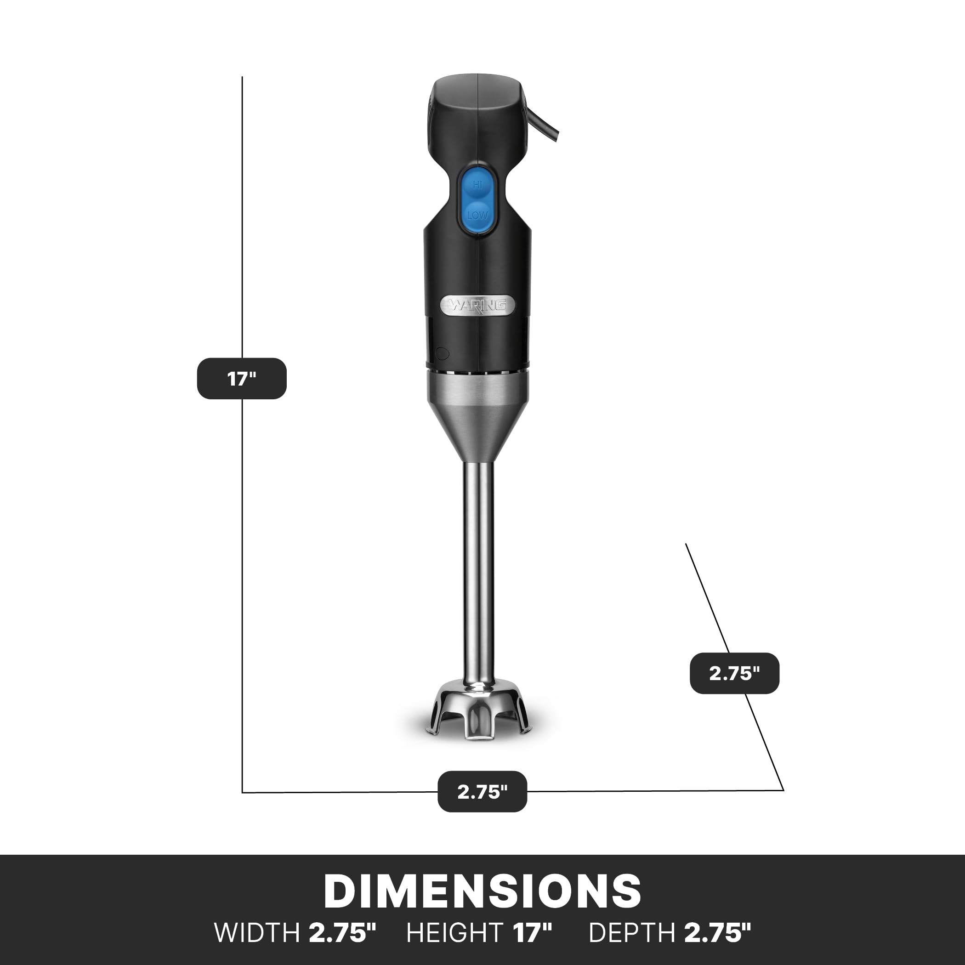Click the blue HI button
click(x=477, y=185)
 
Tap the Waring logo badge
click(x=477, y=305)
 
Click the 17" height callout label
click(x=242, y=379)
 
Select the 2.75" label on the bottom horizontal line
click(x=482, y=792)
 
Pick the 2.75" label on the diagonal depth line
click(x=734, y=673)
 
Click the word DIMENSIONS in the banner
click(x=482, y=891)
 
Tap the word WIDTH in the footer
click(x=256, y=933)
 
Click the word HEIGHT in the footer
click(x=454, y=933)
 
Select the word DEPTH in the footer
click(x=632, y=933)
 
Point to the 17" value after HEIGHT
click(x=533, y=933)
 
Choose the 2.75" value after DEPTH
click(x=717, y=933)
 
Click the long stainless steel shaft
click(x=479, y=564)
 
